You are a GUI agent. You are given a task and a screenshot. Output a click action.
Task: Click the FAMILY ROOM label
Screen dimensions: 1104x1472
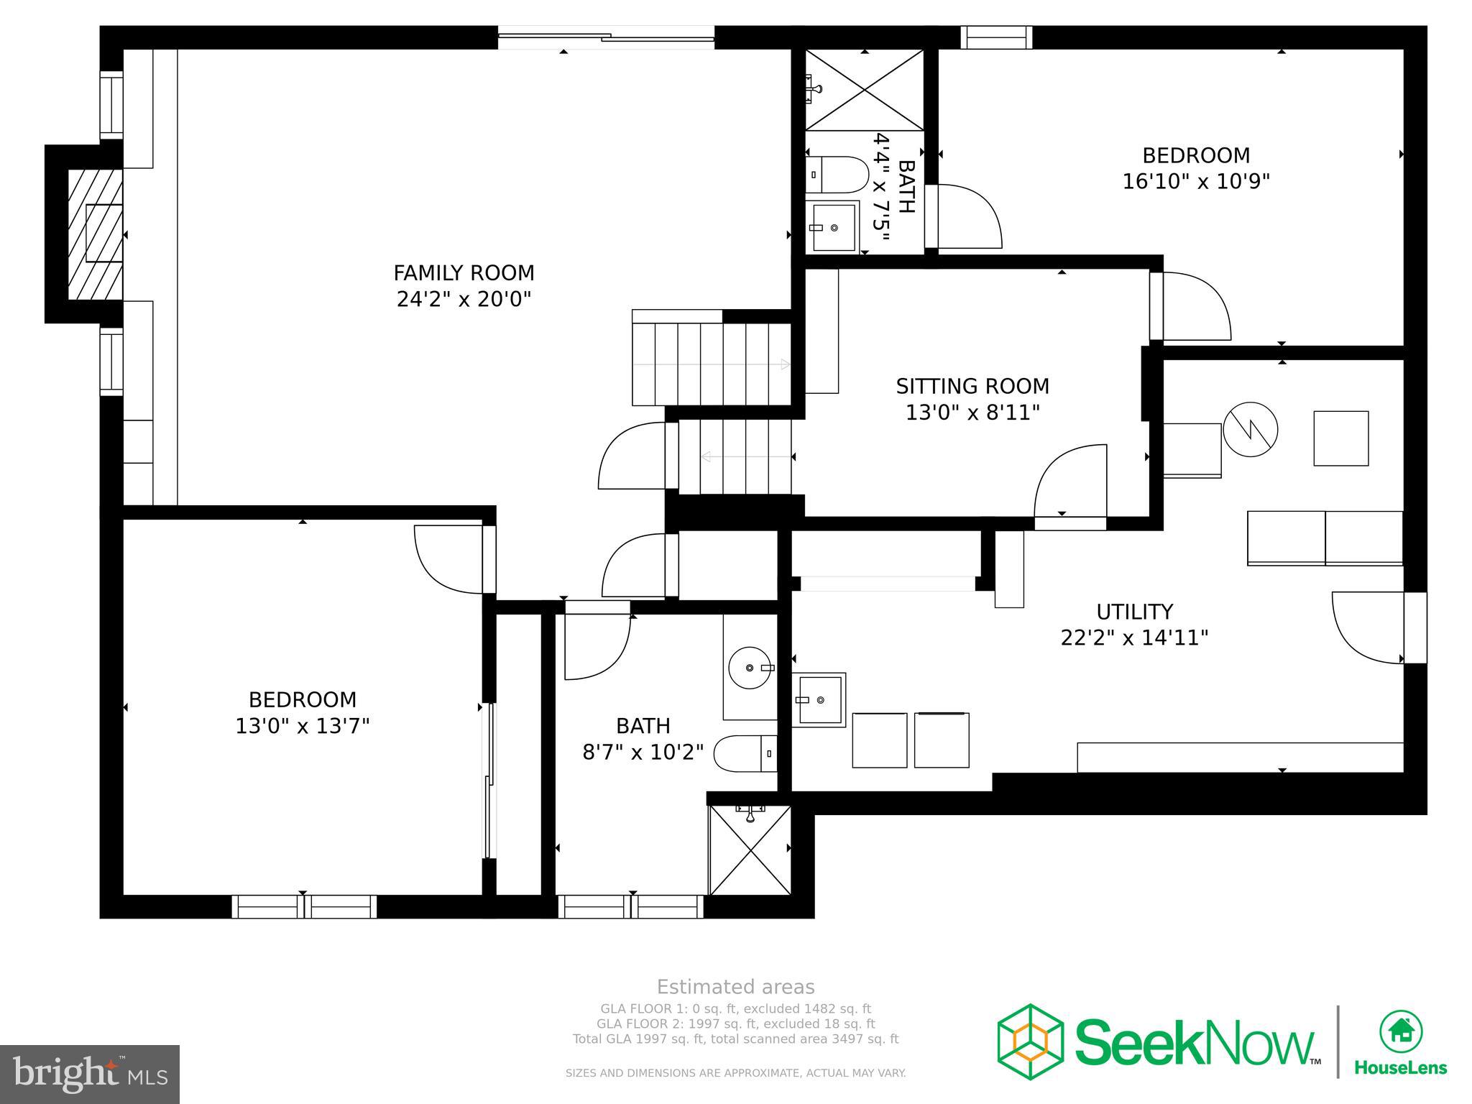tap(464, 273)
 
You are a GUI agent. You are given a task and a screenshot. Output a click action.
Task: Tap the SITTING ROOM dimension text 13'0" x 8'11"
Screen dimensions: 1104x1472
tap(972, 413)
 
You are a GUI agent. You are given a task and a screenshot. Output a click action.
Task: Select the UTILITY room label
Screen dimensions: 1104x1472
tap(1134, 612)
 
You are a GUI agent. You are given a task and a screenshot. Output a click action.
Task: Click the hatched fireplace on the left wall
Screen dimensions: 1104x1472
tap(95, 234)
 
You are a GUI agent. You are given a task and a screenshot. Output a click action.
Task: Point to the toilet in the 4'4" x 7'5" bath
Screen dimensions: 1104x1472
tap(837, 175)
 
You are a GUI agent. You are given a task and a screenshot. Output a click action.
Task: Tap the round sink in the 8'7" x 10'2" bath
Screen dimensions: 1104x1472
tap(750, 668)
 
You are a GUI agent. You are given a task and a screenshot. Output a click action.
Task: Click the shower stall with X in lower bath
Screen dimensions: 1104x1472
tap(750, 850)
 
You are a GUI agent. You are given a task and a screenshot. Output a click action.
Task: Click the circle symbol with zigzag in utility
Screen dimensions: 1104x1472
tap(1250, 429)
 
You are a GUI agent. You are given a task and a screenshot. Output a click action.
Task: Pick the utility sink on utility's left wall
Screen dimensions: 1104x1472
tap(819, 699)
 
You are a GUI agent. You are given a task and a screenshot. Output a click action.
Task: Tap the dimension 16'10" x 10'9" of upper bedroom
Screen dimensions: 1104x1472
tap(1196, 181)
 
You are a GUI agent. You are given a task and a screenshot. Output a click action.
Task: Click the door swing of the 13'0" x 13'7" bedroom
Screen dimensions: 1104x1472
tap(448, 559)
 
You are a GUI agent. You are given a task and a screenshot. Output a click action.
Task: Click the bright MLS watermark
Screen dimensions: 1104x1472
tap(89, 1074)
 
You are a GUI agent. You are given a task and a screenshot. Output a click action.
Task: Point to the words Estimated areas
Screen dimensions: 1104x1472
tap(735, 987)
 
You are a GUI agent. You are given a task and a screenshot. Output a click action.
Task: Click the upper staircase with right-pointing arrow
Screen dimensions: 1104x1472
tap(712, 364)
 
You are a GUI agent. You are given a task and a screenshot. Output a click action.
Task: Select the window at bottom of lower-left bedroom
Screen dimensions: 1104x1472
tap(304, 906)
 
